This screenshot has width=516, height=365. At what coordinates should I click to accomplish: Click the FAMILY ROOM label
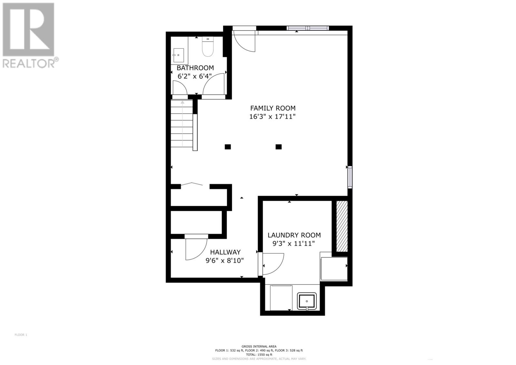click(x=273, y=108)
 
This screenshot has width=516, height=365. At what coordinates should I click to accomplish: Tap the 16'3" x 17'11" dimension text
click(x=273, y=117)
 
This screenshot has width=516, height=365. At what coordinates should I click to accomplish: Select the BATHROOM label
click(x=195, y=68)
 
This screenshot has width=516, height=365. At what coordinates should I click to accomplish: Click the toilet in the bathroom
click(x=208, y=47)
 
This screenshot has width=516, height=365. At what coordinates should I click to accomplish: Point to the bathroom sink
click(x=178, y=56)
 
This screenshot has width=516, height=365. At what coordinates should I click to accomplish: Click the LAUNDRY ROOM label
click(x=294, y=235)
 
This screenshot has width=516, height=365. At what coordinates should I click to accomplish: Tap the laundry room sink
click(x=307, y=301)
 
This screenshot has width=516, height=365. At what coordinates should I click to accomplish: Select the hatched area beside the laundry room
click(x=342, y=226)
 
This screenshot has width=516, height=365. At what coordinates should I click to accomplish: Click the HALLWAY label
click(x=225, y=252)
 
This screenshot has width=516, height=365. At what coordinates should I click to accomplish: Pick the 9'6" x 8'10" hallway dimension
click(x=224, y=260)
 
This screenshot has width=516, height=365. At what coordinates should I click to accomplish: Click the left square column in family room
click(x=228, y=147)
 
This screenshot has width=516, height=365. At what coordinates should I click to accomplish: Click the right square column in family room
click(x=279, y=147)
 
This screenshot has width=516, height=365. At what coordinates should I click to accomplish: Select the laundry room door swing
click(x=273, y=263)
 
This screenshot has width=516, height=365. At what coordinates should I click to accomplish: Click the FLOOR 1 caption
click(x=21, y=335)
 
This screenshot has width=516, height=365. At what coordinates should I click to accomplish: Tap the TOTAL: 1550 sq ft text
click(x=259, y=354)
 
